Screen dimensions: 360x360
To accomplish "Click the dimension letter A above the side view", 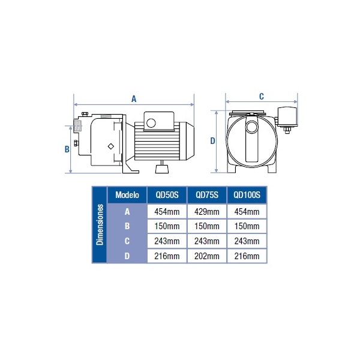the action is (x=134, y=99).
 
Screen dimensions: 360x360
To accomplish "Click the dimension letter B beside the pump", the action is (x=67, y=149).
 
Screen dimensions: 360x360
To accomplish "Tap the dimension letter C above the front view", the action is (x=261, y=97).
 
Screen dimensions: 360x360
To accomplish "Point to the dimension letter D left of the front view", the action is (x=212, y=141).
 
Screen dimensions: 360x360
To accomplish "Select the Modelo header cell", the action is (x=127, y=195).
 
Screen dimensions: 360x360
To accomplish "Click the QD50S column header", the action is (x=167, y=195).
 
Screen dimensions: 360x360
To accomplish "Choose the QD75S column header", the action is (x=207, y=195).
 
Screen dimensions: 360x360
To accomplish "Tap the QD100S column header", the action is (x=247, y=195).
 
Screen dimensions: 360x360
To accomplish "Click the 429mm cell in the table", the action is (x=207, y=211).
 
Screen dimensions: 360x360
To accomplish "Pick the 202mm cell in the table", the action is (x=207, y=256).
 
